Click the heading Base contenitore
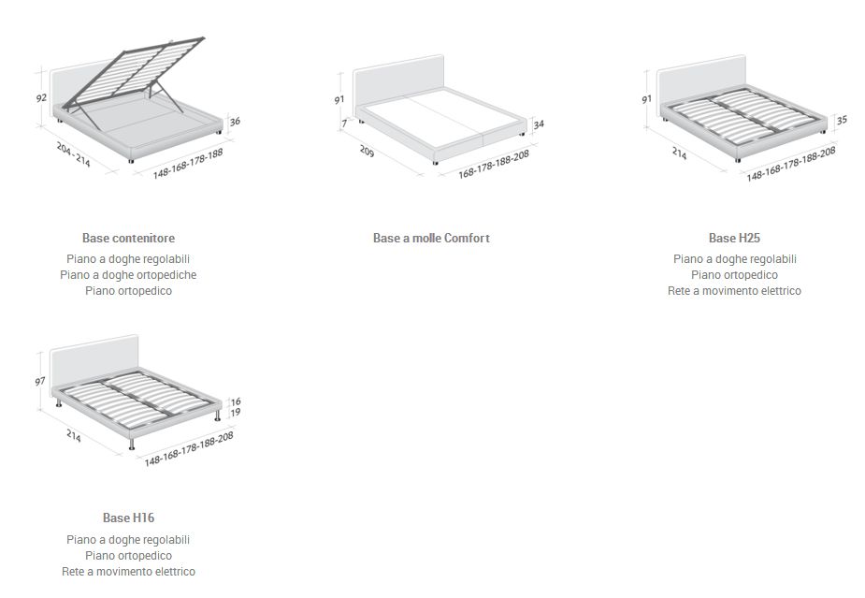[128, 239]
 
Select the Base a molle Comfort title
[431, 239]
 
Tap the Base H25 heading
[734, 239]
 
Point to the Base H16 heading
[128, 518]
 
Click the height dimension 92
[41, 97]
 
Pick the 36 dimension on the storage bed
[235, 121]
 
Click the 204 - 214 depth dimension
[73, 154]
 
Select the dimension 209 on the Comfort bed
[366, 150]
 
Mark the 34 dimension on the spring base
[539, 124]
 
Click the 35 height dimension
[842, 120]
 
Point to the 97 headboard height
[39, 382]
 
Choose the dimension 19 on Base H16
[236, 412]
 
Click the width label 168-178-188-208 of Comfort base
[494, 164]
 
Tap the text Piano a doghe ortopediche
[128, 275]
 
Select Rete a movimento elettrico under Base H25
[734, 291]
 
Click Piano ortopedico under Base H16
[128, 556]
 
